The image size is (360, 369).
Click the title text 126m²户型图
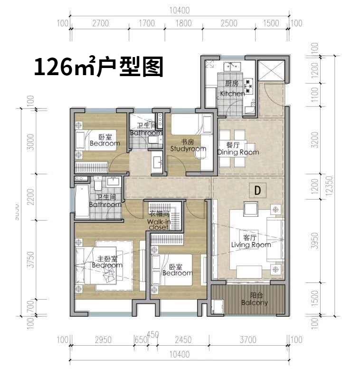(98, 67)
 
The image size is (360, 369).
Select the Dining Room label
(238, 149)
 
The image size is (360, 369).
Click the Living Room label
(251, 241)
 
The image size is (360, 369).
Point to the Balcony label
(255, 299)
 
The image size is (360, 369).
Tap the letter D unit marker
(257, 190)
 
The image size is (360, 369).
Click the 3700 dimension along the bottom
(247, 340)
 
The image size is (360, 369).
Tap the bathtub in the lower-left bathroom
(80, 202)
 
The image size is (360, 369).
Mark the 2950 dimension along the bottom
(103, 340)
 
